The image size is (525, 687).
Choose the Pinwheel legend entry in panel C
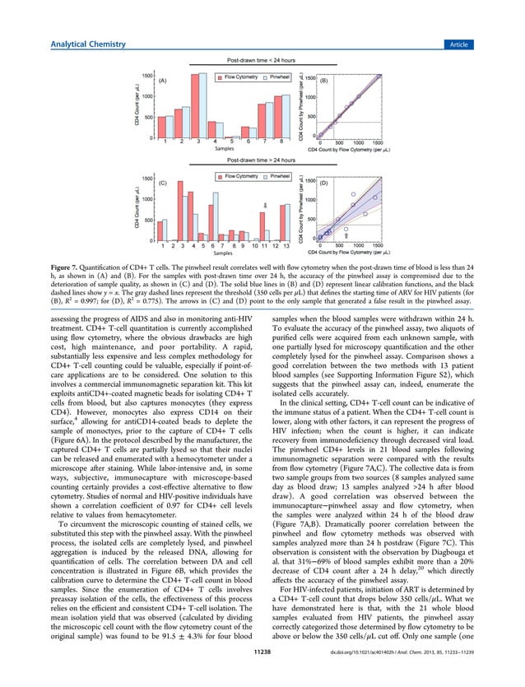point(276,177)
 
